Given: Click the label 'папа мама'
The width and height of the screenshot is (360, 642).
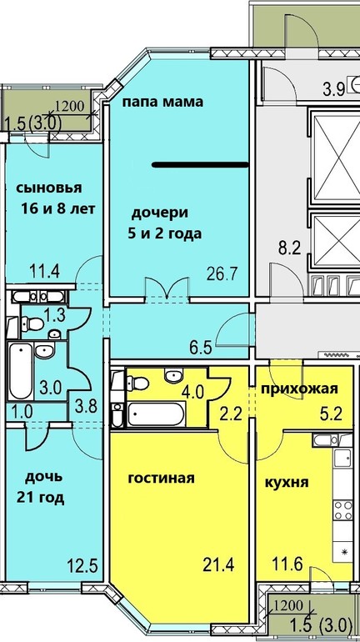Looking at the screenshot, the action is [x=163, y=102].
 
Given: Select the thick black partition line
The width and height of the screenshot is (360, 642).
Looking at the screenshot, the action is [x=201, y=165].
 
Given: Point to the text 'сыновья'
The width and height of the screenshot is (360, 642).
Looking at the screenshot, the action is [x=49, y=188].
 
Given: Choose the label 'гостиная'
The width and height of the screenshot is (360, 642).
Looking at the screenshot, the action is [x=161, y=479].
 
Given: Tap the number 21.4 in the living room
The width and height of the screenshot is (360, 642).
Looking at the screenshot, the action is [x=219, y=566].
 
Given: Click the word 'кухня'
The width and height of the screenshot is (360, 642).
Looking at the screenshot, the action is [x=287, y=483].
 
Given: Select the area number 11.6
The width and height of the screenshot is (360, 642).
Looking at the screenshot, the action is [x=287, y=566].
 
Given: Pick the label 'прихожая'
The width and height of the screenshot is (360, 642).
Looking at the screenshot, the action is [x=300, y=389].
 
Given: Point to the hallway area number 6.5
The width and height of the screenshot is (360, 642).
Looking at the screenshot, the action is [x=201, y=349].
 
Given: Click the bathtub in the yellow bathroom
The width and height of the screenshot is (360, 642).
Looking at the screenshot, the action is [x=157, y=414].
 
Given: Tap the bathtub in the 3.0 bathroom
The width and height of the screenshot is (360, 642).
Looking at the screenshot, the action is [x=21, y=371].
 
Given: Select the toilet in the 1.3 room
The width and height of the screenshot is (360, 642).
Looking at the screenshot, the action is [x=32, y=324].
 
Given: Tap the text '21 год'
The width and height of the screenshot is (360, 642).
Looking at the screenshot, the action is [x=41, y=498].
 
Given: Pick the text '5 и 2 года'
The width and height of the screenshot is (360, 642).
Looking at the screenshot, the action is [x=164, y=234].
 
